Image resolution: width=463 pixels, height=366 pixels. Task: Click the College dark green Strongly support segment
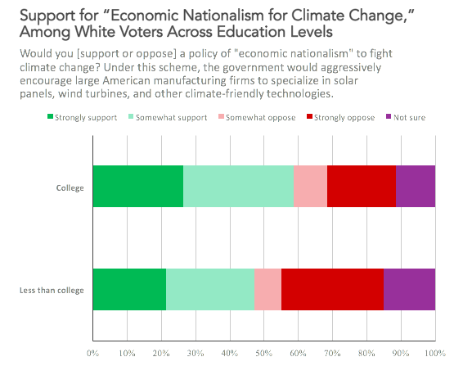point(137,186)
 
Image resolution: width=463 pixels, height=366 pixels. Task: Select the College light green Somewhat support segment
point(238,186)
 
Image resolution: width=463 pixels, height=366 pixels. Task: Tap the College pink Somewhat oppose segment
point(310,186)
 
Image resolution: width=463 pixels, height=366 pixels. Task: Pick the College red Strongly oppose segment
point(362,186)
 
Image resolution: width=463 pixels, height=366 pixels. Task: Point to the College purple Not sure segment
point(416,186)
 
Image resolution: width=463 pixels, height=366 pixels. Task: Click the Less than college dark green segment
point(129,289)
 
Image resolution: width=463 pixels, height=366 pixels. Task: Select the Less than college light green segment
point(210,289)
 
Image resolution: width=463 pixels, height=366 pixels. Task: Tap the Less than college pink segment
point(267,289)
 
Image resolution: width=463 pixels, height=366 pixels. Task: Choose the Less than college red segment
point(332,289)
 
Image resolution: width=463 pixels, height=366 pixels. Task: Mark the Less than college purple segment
point(409,289)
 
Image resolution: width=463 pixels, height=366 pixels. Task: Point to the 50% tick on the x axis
point(263,354)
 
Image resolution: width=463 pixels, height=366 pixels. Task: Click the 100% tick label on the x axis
point(434,354)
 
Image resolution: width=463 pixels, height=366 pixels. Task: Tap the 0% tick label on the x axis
point(92,354)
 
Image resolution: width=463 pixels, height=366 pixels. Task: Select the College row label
point(70,186)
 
